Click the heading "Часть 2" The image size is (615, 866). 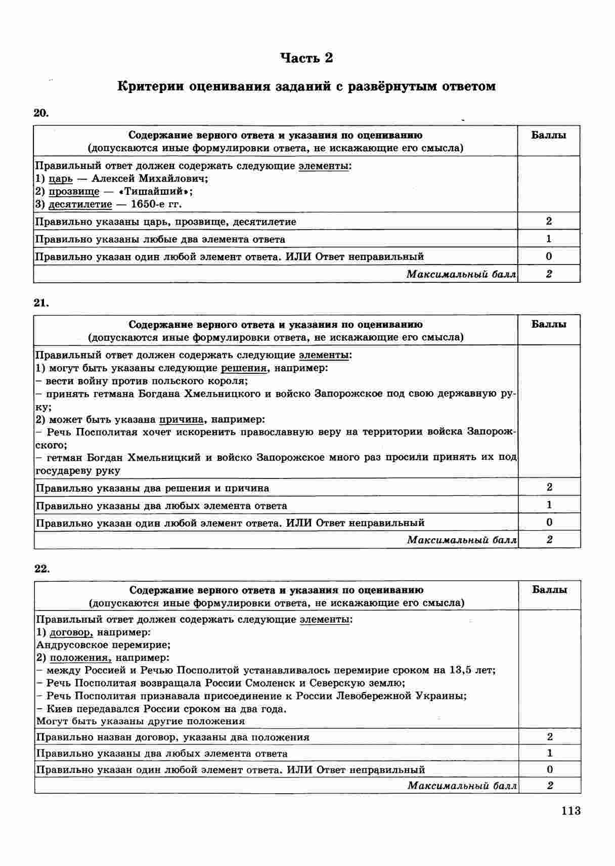(x=307, y=58)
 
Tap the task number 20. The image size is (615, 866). (x=40, y=113)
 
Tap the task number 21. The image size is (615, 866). (x=41, y=302)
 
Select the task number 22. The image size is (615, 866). (x=42, y=568)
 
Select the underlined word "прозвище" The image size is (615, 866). (x=74, y=192)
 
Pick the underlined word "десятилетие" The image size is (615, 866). (x=80, y=204)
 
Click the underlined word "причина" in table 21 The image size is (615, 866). (x=182, y=419)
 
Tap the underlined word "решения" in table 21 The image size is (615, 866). (x=244, y=368)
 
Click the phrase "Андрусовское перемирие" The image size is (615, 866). (x=103, y=645)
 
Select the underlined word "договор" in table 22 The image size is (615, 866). (x=71, y=632)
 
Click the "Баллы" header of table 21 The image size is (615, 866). (x=549, y=324)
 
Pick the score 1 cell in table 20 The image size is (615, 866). (x=549, y=239)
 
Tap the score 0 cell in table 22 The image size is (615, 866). (x=550, y=769)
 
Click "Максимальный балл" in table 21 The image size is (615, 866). (x=462, y=540)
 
